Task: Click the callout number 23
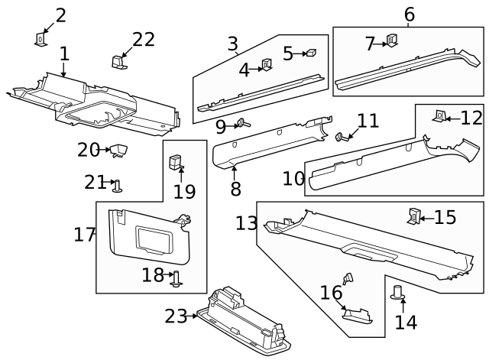point(176,316)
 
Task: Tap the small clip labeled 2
point(41,38)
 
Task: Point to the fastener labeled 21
point(118,184)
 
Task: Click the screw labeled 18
point(176,279)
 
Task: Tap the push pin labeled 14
point(397,293)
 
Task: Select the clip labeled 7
point(391,42)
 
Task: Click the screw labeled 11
point(341,138)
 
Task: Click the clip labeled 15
point(413,217)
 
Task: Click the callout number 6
point(409,15)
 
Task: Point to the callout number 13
point(247,223)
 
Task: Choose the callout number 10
point(293,179)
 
